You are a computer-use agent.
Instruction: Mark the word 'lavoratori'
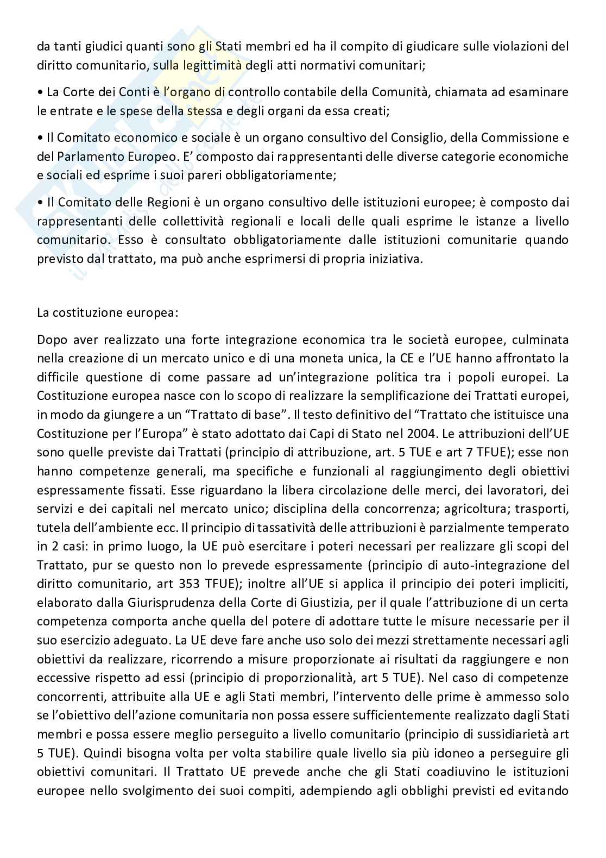510,490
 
